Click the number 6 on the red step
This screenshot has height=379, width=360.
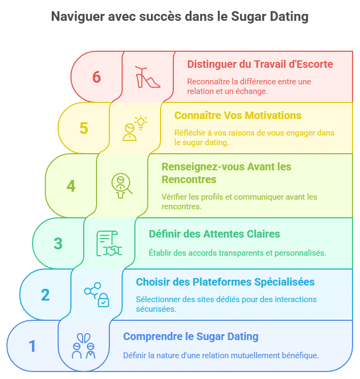pos(96,77)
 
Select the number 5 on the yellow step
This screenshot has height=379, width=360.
pos(84,129)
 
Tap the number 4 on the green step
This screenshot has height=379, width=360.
pos(71,186)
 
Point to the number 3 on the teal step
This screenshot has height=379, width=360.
pos(58,243)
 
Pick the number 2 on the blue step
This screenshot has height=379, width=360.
pos(45,295)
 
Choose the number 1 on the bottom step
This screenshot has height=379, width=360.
pos(33,346)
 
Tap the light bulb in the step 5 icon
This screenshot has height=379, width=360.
pos(140,122)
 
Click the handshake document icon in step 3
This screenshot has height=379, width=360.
pos(109,244)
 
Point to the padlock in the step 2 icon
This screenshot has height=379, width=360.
pos(103,300)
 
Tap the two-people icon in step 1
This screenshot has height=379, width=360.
pos(84,346)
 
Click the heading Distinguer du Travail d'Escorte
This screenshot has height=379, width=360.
pos(260,65)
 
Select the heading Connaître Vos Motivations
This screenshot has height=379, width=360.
pos(238,116)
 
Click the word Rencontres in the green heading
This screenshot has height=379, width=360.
pos(189,179)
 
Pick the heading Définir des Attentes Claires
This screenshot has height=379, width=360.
pos(214,234)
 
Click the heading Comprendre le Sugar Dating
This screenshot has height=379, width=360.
pos(190,337)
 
